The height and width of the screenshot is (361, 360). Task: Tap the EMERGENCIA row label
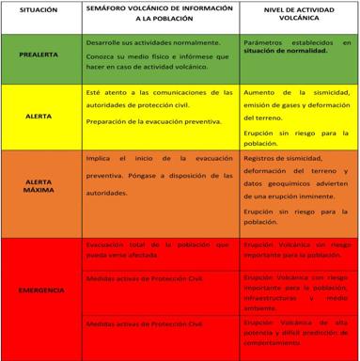40,290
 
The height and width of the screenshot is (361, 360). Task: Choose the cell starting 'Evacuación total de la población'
155,248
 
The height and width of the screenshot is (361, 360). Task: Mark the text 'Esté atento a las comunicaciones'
155,94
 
